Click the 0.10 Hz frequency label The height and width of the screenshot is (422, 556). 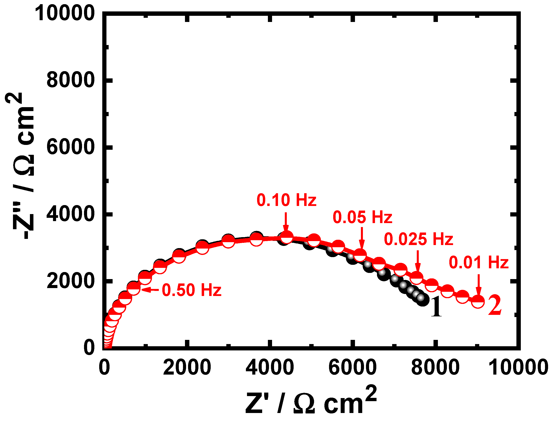click(x=286, y=200)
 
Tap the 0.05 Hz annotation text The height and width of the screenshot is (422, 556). click(x=362, y=217)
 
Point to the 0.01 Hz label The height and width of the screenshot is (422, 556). click(x=479, y=263)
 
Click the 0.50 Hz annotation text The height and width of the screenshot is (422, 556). click(x=192, y=290)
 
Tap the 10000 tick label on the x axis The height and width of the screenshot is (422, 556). click(x=518, y=367)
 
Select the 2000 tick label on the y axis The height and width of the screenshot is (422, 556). click(x=70, y=281)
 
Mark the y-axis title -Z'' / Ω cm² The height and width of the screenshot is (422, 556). click(x=21, y=166)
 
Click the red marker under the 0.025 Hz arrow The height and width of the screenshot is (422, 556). click(x=416, y=278)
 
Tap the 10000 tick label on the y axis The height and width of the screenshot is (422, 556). click(x=65, y=13)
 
